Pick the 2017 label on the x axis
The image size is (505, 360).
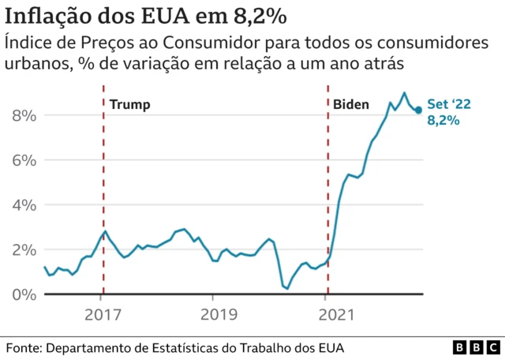click(102, 315)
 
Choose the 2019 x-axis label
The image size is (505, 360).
click(214, 315)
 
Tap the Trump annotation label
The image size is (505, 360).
click(129, 104)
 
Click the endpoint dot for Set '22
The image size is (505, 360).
click(418, 110)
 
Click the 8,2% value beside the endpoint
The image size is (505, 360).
click(443, 121)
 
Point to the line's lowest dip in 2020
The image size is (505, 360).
click(286, 288)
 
